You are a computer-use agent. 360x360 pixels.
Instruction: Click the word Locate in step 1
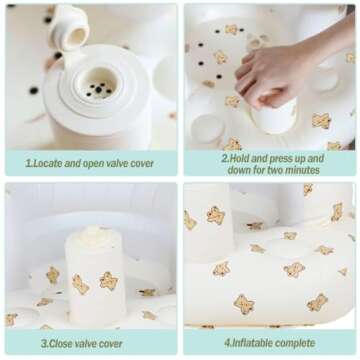tap(48, 163)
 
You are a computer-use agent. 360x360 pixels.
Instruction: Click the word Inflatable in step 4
tap(251, 343)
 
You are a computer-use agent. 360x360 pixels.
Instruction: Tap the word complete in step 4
tap(294, 343)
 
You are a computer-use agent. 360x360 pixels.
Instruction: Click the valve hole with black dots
tap(97, 86)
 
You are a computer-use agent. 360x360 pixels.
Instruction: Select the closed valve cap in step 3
tap(91, 233)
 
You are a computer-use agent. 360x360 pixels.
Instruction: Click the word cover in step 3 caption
tap(111, 344)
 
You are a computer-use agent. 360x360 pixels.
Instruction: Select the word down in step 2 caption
tap(238, 170)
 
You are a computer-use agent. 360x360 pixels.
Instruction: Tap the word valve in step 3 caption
tap(87, 344)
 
